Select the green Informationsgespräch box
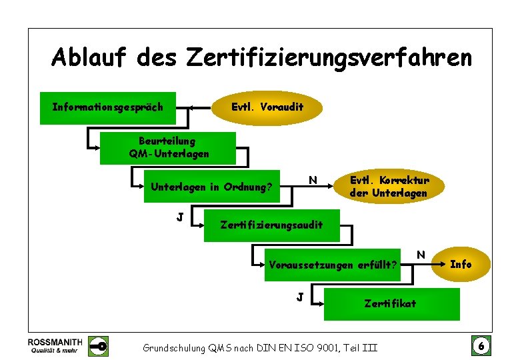coord(108,107)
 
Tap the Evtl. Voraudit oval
coord(267,107)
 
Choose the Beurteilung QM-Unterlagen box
coord(168,147)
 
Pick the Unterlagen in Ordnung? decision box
coord(212,187)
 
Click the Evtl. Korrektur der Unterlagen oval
coord(389,187)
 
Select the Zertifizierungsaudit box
coord(271,225)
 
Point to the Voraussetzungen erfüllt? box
coord(333,265)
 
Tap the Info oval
coord(461,264)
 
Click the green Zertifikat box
coord(391,303)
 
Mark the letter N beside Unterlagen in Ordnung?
coord(312,179)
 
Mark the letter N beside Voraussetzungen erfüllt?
coord(421,253)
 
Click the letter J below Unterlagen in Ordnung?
coord(180,216)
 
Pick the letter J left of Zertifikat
coord(301,295)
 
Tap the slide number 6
coord(479,345)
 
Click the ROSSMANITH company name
coord(55,341)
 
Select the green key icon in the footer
coord(99,345)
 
